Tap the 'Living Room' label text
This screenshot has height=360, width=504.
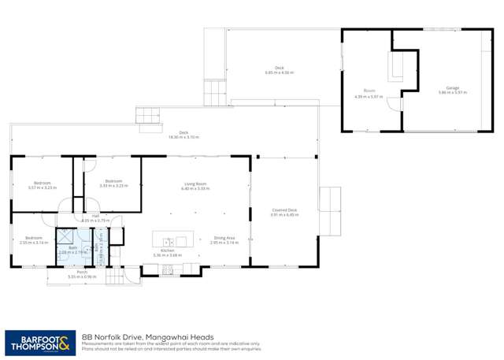click(197, 187)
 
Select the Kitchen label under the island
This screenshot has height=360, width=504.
click(167, 254)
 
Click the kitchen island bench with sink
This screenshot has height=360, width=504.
click(171, 239)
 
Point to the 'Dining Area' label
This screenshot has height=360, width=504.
click(224, 241)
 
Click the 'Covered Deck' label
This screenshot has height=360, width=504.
click(284, 212)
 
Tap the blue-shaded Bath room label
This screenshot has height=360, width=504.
click(72, 249)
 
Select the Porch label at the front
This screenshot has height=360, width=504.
click(76, 274)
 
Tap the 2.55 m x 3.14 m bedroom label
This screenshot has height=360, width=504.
click(33, 239)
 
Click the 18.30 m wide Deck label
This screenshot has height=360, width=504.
click(183, 135)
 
